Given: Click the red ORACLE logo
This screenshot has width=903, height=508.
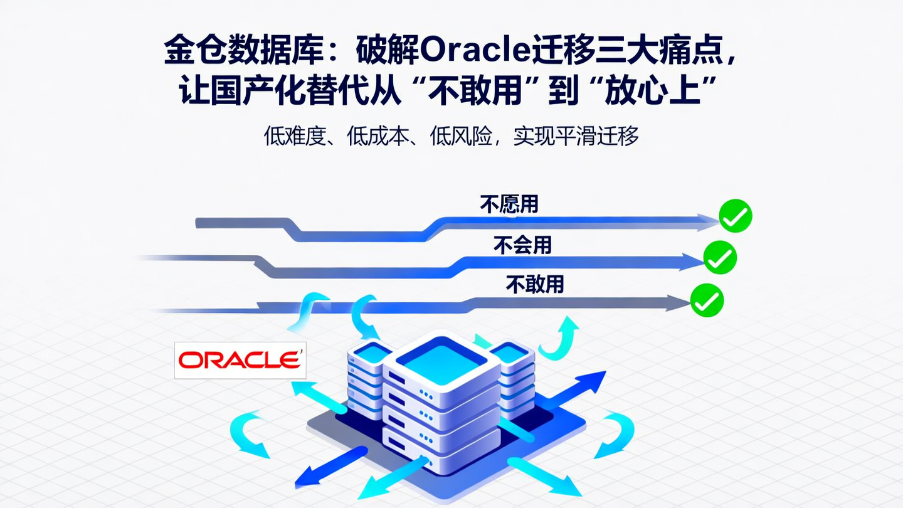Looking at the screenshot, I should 240,360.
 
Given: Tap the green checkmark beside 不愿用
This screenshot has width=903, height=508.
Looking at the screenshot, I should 735,216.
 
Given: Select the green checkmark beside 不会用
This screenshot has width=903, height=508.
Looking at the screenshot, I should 720,257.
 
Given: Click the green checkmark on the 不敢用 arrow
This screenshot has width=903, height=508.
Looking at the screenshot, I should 707,300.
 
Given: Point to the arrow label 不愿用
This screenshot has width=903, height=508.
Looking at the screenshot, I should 509,204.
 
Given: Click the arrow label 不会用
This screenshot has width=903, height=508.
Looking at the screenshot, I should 522,245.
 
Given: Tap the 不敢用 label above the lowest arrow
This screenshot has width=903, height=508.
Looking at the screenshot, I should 535,285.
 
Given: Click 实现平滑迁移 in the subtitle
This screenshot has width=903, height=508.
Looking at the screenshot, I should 576,136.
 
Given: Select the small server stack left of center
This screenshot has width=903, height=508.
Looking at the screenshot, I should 367,376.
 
